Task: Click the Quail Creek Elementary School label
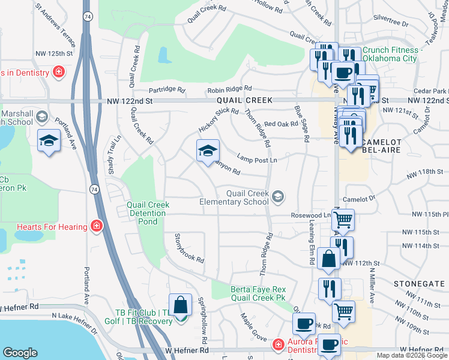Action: [247, 197]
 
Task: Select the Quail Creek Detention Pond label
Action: [148, 213]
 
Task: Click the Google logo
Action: [20, 353]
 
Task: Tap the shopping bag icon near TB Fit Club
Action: [180, 306]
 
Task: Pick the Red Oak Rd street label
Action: [281, 124]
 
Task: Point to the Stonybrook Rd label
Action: [188, 248]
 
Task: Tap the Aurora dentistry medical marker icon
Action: [278, 345]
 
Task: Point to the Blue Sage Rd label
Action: [301, 123]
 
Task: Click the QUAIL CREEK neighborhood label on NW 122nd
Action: [244, 100]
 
